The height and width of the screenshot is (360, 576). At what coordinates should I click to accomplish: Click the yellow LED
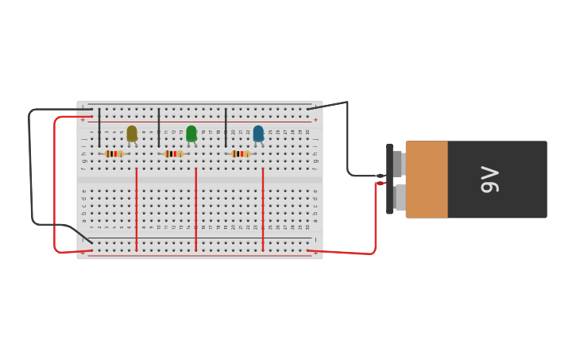pos(132,134)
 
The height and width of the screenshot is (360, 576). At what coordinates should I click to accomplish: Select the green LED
pos(191,134)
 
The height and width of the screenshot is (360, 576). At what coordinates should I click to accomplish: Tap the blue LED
pos(258,134)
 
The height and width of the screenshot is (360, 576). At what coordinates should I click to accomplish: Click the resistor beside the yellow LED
pos(114,153)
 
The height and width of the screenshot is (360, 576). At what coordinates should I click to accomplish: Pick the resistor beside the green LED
pos(173,153)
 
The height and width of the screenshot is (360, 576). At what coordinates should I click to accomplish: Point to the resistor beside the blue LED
pos(240,153)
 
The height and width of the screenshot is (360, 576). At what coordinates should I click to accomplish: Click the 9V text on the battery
pos(490,180)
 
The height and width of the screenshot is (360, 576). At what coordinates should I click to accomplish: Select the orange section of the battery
pos(427,180)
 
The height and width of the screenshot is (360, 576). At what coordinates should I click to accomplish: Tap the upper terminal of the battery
pos(396,165)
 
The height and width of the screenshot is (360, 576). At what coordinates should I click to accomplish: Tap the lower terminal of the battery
pos(398,196)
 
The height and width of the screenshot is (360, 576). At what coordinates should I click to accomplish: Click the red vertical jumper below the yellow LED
pos(137,211)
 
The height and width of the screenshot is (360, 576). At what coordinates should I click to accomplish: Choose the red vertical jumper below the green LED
pos(196,211)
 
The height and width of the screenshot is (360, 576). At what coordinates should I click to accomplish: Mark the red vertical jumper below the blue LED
pos(263,211)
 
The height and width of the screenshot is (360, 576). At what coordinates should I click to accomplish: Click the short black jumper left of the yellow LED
pos(99,127)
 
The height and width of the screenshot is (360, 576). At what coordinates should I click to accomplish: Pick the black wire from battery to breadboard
pos(347,143)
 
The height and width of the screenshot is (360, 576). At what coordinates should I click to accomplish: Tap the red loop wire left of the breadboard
pos(54,183)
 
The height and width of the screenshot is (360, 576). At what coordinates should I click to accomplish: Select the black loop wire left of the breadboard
pos(30,167)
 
